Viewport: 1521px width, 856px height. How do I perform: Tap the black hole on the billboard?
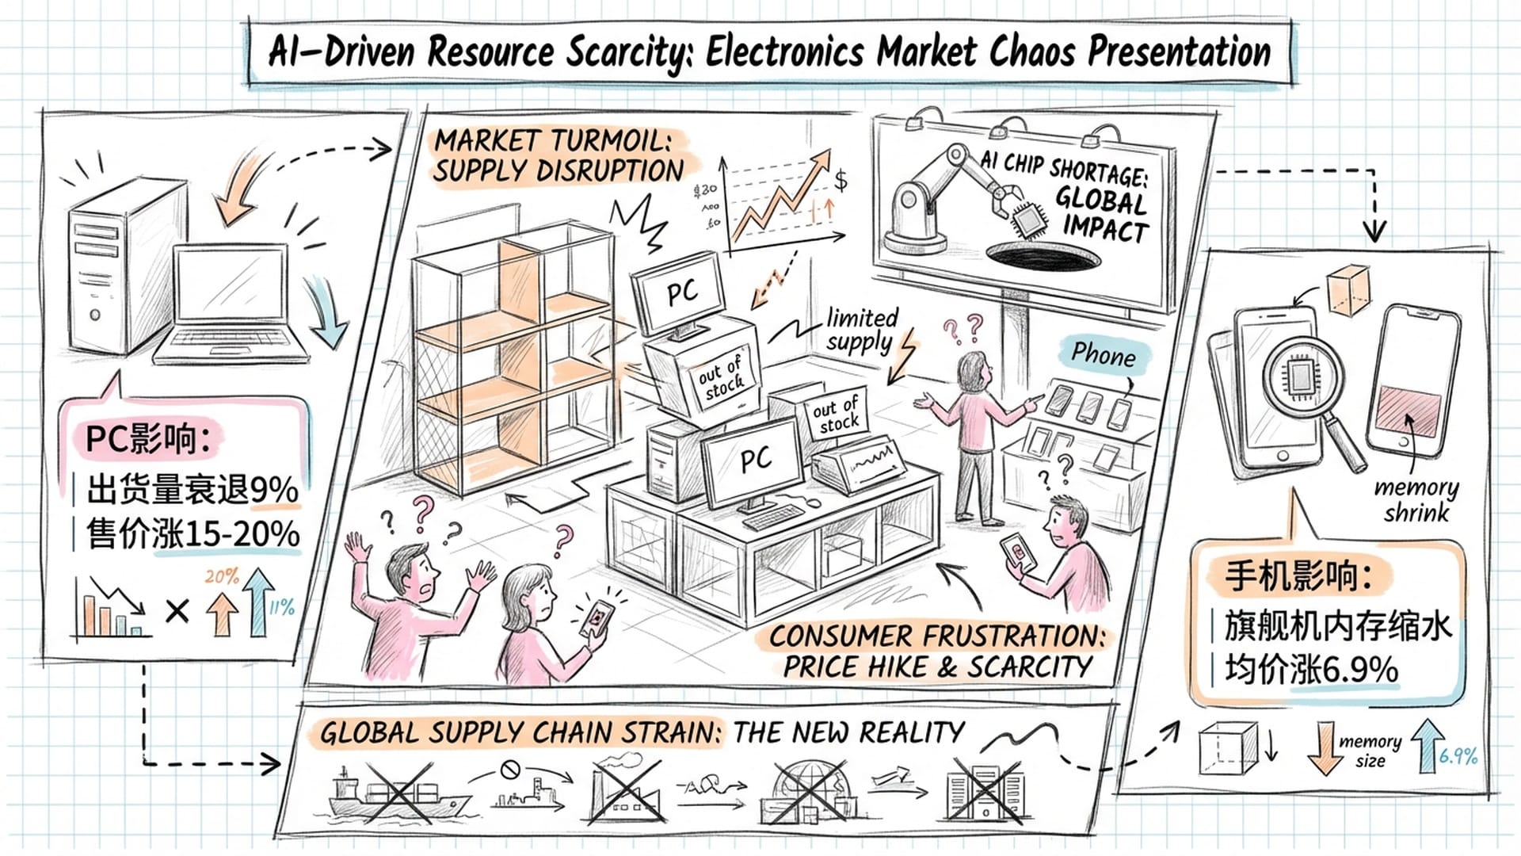(x=1043, y=256)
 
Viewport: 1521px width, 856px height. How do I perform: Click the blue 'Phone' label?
(x=1103, y=354)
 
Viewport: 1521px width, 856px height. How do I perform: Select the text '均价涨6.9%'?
(x=1311, y=670)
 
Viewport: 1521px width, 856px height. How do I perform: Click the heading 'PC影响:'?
(x=147, y=438)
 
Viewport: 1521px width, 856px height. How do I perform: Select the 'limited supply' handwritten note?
(x=862, y=330)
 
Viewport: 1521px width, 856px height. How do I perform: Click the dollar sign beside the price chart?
(x=841, y=181)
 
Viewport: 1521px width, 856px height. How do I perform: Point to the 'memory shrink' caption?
(x=1416, y=499)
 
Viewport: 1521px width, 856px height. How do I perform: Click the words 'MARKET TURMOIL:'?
(x=552, y=141)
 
